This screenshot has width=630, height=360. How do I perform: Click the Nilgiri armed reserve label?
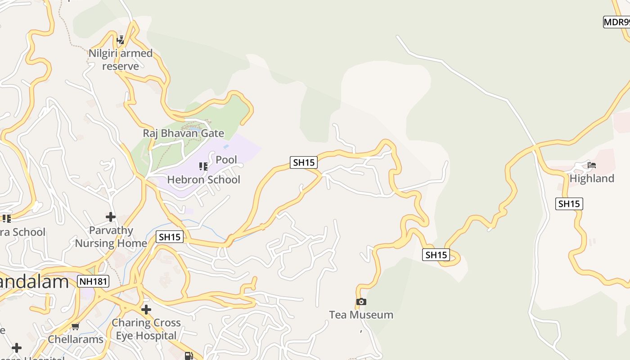[120, 59]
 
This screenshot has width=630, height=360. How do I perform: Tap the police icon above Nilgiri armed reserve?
[120, 40]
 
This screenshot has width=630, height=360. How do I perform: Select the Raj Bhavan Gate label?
[183, 133]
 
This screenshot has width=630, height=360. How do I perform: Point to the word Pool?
[226, 160]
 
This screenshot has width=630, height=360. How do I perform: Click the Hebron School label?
[203, 180]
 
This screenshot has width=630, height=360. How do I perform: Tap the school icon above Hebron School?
[203, 166]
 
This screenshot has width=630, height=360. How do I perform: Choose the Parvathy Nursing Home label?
[111, 237]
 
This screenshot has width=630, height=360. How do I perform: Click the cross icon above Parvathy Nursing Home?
[111, 217]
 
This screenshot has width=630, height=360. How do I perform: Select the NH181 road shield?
[93, 282]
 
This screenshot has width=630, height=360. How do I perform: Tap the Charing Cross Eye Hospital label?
[146, 329]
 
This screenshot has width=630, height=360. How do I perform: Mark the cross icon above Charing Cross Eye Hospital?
[146, 310]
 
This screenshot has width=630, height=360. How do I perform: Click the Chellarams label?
[76, 339]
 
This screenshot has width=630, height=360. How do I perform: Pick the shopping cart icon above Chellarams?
[76, 326]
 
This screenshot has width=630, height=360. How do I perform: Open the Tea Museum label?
[361, 315]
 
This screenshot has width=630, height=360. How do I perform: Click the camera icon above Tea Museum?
[361, 301]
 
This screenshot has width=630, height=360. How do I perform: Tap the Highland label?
[592, 179]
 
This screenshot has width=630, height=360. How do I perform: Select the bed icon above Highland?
[592, 165]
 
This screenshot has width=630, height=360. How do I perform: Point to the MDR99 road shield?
[617, 22]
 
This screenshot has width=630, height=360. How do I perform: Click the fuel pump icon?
[189, 356]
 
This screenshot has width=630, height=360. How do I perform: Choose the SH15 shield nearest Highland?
[569, 204]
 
